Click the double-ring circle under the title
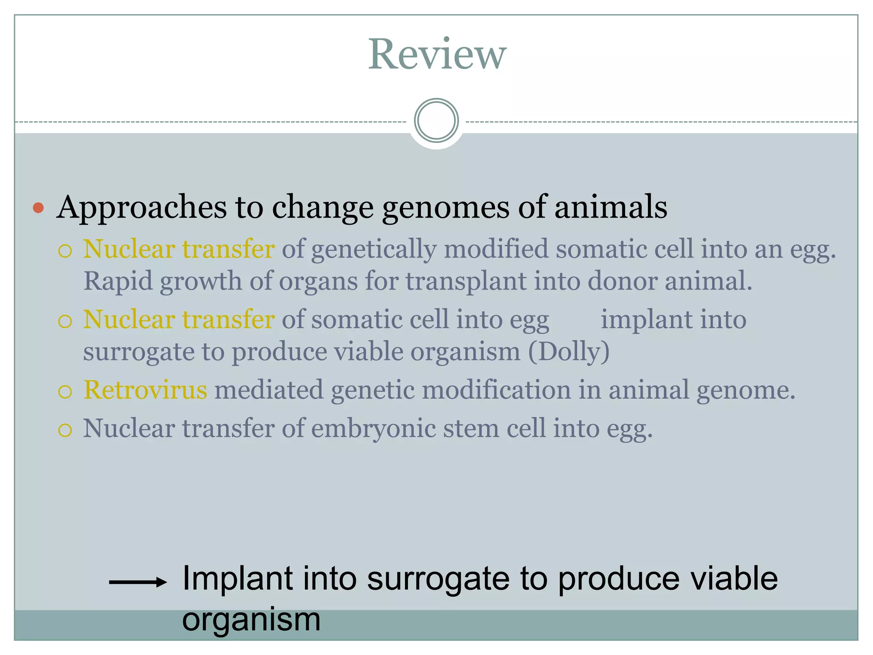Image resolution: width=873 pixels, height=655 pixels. coord(436,121)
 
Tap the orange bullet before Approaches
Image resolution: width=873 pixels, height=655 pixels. coord(38,208)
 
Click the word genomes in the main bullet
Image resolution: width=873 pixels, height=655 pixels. coord(445,208)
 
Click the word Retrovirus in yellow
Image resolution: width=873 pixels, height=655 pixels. coord(145,390)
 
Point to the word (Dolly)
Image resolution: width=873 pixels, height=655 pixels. coord(569,352)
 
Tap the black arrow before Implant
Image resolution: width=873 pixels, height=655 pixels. coord(137,582)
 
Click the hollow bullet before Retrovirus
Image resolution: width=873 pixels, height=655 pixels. coord(65,391)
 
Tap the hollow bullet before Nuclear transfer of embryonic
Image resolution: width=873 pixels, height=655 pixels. coord(65,430)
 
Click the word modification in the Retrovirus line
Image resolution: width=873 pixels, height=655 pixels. coord(496,390)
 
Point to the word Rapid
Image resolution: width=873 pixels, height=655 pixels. coord(118,281)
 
